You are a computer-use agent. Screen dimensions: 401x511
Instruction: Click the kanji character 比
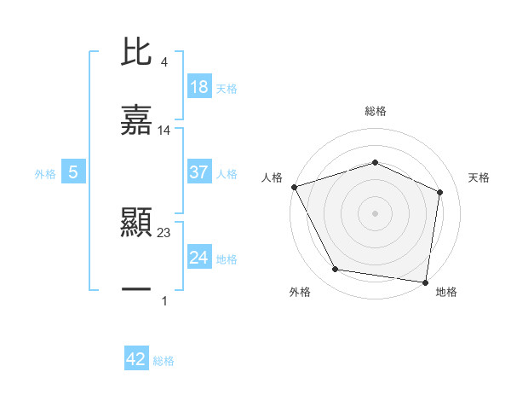136,54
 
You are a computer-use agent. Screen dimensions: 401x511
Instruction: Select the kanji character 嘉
136,121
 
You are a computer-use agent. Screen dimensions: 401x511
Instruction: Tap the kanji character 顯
136,224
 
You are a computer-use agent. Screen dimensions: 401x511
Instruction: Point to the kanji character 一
136,291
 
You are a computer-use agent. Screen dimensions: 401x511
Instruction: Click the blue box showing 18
199,87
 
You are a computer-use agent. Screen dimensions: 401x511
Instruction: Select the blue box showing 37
199,172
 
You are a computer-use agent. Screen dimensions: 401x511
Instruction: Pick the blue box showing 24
199,258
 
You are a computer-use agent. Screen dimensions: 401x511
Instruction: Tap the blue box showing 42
136,359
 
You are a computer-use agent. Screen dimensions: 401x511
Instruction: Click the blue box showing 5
73,172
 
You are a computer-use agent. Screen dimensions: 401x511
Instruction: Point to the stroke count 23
164,231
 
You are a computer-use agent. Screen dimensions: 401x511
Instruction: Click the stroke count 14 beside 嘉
164,130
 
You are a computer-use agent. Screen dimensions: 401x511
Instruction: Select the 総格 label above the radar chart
376,111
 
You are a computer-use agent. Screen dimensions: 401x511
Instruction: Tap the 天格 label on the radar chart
479,177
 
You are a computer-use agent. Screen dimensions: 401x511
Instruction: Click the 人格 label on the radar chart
273,177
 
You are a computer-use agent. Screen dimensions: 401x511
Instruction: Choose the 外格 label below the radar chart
300,293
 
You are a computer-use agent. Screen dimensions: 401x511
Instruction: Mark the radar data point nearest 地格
426,282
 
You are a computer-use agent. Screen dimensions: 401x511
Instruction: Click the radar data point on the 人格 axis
294,187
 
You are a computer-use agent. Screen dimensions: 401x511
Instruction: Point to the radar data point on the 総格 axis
376,162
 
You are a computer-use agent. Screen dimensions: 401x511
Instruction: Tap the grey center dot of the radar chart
376,212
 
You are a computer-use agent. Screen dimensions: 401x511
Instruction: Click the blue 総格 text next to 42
164,361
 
